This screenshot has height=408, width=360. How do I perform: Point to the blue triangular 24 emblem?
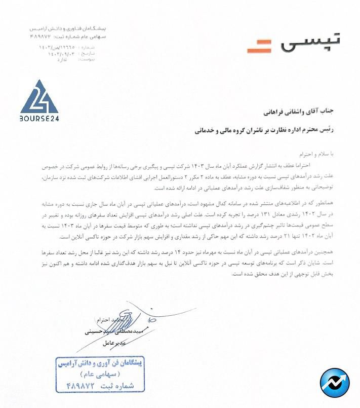click(39, 98)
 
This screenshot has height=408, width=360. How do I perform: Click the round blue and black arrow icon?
click(335, 383)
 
